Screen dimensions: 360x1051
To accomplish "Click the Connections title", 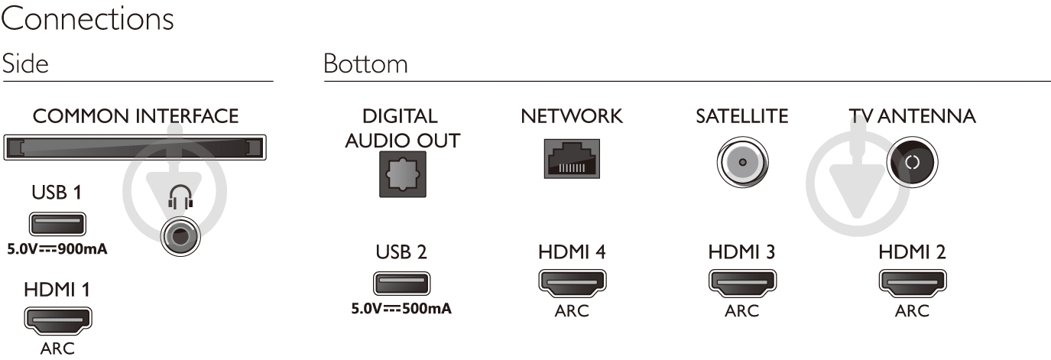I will click(x=87, y=20).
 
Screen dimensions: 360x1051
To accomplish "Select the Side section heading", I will click(x=25, y=63).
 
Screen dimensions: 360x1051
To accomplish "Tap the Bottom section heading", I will click(x=365, y=63).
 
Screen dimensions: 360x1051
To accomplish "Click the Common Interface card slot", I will click(x=135, y=146).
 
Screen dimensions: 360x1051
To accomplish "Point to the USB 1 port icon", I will click(x=57, y=225).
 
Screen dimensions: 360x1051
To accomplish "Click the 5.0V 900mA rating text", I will click(x=57, y=249).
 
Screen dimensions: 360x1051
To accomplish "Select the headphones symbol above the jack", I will click(x=178, y=200).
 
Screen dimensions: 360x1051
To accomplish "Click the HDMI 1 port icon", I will click(x=57, y=320).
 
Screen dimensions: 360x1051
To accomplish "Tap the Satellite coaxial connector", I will click(x=742, y=162).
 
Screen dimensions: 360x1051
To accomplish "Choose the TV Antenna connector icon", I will click(x=913, y=162).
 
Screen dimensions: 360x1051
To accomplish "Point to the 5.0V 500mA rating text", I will click(x=401, y=310).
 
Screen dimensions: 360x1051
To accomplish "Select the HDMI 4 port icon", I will click(x=572, y=284).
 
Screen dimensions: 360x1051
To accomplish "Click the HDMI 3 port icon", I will click(x=741, y=284).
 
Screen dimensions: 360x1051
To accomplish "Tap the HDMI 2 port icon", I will click(x=912, y=284).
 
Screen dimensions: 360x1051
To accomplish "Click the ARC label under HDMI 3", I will click(x=741, y=311).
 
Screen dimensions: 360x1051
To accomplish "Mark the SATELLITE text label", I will click(x=741, y=117).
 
